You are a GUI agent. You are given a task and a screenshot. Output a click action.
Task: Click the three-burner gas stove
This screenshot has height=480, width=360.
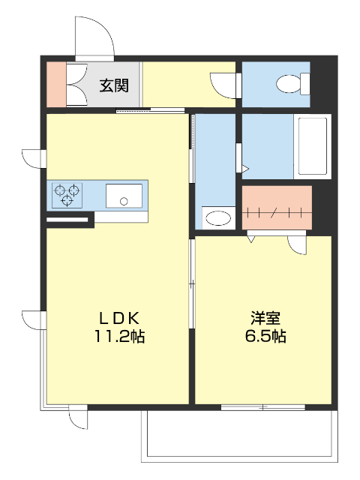coord(67,195)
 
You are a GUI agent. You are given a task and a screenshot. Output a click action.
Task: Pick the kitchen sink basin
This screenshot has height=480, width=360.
coord(124,196)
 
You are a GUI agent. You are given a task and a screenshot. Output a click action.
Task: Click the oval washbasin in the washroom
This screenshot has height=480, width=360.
coord(218,218)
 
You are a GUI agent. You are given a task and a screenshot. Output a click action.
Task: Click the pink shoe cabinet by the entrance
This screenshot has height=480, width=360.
coord(56,85)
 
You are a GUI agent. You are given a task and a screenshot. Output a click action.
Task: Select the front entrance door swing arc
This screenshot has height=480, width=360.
coord(94,34)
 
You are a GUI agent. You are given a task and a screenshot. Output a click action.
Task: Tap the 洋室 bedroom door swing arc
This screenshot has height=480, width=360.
coord(297,243)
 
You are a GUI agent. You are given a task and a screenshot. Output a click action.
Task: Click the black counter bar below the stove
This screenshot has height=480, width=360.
coord(69,220)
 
